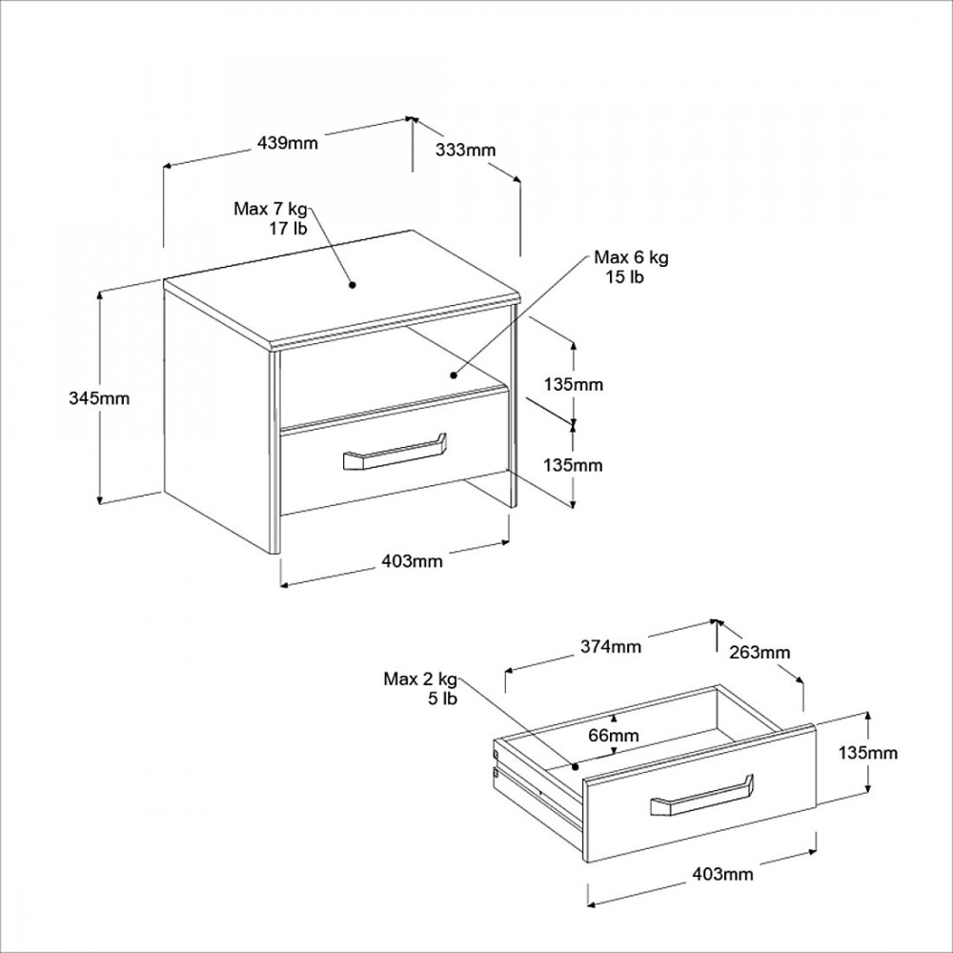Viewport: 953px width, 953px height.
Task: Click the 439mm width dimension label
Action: pyautogui.click(x=288, y=144)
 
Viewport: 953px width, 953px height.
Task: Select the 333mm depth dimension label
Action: pyautogui.click(x=466, y=151)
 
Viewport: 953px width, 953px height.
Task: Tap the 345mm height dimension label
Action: pyautogui.click(x=99, y=398)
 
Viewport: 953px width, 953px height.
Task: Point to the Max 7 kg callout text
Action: pyautogui.click(x=271, y=209)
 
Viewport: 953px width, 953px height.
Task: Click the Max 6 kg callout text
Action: pyautogui.click(x=632, y=257)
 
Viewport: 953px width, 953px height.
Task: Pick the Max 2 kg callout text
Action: pyautogui.click(x=420, y=679)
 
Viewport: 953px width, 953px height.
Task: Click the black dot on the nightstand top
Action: pyautogui.click(x=352, y=284)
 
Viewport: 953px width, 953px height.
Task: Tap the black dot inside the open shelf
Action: pyautogui.click(x=454, y=375)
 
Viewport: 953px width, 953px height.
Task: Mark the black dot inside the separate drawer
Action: pyautogui.click(x=575, y=767)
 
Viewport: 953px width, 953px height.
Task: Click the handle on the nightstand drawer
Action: pyautogui.click(x=395, y=453)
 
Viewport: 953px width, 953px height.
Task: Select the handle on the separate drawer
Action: pyautogui.click(x=702, y=795)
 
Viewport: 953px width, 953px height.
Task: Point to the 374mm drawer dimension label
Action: pyautogui.click(x=611, y=647)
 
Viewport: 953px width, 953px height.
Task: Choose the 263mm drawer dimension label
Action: pyautogui.click(x=760, y=653)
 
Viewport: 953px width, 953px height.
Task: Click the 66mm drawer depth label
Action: pyautogui.click(x=614, y=736)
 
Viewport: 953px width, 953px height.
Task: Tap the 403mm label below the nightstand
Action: pyautogui.click(x=412, y=561)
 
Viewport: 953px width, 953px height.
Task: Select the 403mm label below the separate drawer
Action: pyautogui.click(x=722, y=875)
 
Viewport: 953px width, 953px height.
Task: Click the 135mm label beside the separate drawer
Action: pyautogui.click(x=868, y=753)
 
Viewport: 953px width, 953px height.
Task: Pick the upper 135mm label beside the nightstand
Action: pyautogui.click(x=574, y=385)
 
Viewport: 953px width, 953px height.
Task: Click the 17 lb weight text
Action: pyautogui.click(x=289, y=229)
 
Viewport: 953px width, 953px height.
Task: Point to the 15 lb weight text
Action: pyautogui.click(x=624, y=277)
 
